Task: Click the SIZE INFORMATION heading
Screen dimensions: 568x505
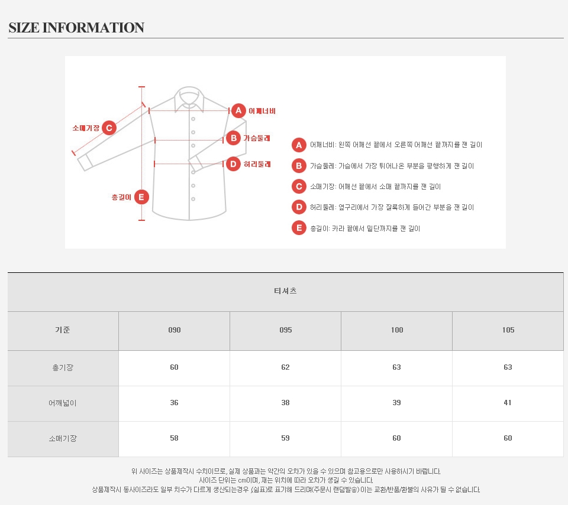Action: pos(76,28)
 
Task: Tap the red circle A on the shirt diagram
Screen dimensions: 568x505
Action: pos(238,110)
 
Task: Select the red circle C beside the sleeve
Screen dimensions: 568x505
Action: pos(109,128)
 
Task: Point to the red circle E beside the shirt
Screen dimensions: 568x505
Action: pos(141,197)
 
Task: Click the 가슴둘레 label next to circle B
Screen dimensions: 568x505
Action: pos(257,138)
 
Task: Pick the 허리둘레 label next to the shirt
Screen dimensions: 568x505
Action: pos(257,164)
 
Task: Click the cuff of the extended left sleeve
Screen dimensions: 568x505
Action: pos(85,162)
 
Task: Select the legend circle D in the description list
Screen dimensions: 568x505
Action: pos(299,207)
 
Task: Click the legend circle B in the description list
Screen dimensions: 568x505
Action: pos(299,166)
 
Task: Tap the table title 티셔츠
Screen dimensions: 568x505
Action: pos(285,291)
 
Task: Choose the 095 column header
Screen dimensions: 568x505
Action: pos(285,330)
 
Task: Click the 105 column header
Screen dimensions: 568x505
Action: pos(508,330)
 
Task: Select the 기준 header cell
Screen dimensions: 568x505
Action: pos(63,330)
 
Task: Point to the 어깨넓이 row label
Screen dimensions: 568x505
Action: pos(63,403)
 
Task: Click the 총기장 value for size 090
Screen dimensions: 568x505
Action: pos(174,367)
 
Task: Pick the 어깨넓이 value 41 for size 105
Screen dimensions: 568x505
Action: pos(508,403)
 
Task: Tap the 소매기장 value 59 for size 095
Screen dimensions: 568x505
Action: pos(285,438)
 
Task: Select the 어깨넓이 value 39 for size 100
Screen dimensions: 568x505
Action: pos(396,403)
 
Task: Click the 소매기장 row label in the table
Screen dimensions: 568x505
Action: pos(63,438)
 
